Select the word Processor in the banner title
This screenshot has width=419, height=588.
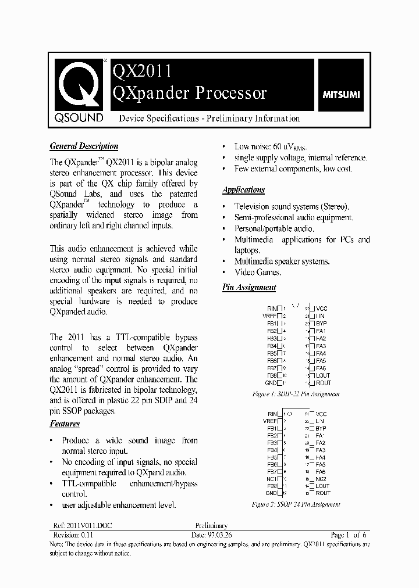click(x=230, y=93)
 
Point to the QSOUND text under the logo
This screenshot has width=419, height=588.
click(x=79, y=118)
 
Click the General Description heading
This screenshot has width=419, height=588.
click(x=84, y=146)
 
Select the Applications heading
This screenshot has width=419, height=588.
click(x=243, y=190)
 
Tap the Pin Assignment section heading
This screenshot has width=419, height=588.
click(x=249, y=287)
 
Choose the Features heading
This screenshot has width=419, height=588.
click(x=65, y=425)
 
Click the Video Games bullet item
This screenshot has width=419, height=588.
click(x=257, y=272)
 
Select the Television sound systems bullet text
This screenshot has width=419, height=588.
click(x=291, y=206)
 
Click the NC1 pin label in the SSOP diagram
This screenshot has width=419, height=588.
click(x=271, y=479)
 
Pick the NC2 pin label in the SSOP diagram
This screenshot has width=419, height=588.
click(x=321, y=479)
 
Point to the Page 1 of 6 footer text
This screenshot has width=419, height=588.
click(x=348, y=535)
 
